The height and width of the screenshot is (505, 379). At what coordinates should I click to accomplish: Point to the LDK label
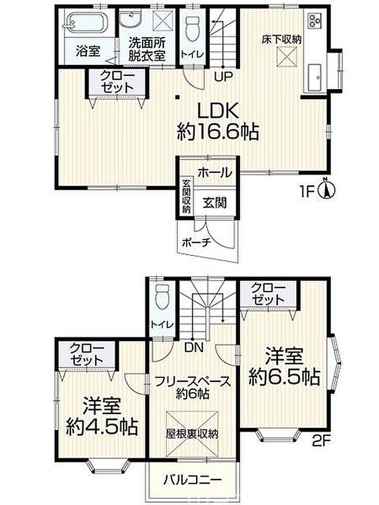tap(218, 111)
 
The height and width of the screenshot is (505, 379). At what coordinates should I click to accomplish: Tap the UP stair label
tap(224, 76)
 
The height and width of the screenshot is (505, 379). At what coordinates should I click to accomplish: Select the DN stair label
tap(194, 347)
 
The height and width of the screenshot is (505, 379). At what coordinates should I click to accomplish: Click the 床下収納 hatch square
tap(287, 57)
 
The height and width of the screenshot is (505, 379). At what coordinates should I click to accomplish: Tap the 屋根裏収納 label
tap(192, 433)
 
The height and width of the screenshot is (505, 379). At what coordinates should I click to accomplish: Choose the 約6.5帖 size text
tap(284, 367)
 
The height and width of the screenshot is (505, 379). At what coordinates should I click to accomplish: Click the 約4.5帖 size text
tap(102, 417)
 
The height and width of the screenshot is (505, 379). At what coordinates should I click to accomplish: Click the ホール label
tap(215, 173)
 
